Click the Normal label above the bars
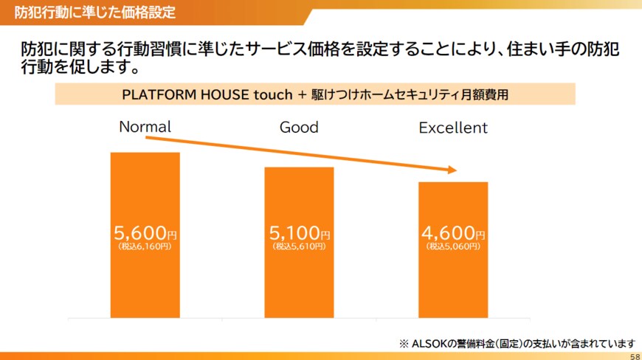click(145, 127)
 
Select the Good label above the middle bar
click(299, 127)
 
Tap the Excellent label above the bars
click(453, 128)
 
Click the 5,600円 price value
click(145, 233)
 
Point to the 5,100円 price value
click(300, 233)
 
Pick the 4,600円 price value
click(453, 233)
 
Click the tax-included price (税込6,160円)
click(145, 246)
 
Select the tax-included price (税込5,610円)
click(300, 246)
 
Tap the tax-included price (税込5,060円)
click(453, 246)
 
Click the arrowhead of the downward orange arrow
click(452, 170)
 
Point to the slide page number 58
click(635, 356)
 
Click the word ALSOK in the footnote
click(429, 344)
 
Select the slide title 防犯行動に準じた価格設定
click(95, 13)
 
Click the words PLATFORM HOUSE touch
click(207, 94)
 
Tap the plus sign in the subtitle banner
click(302, 95)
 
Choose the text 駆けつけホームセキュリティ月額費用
click(410, 94)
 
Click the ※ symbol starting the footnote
click(404, 344)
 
